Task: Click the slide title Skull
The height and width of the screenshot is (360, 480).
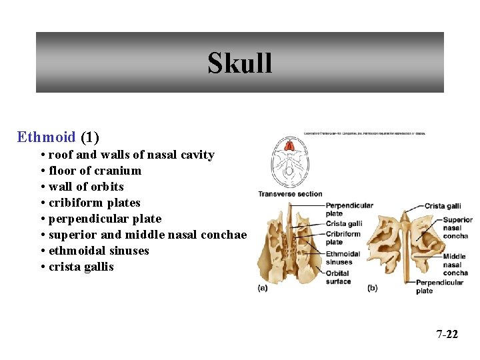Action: [239, 63]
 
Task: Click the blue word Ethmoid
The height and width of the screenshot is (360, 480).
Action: [46, 137]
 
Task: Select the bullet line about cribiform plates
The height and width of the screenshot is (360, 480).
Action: [94, 203]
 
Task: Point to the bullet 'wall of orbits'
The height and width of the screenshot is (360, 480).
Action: [86, 187]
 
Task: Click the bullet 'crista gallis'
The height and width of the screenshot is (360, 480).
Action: [81, 267]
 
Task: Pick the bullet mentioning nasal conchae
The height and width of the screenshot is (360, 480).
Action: [147, 235]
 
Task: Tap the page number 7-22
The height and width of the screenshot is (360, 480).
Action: [447, 334]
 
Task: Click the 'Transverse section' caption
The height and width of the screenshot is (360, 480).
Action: [290, 194]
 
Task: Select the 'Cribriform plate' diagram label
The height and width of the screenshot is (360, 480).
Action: [343, 238]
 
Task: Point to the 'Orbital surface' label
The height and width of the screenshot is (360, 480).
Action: [338, 277]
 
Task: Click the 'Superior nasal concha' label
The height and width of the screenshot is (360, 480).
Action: [457, 228]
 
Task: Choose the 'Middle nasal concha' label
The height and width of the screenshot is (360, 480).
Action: [455, 265]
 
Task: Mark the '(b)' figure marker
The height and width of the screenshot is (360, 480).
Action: [373, 287]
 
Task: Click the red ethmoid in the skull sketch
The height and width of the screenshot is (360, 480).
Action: [289, 145]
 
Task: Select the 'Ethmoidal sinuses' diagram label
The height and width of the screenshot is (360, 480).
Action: [343, 258]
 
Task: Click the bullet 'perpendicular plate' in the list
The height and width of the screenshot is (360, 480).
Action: [105, 219]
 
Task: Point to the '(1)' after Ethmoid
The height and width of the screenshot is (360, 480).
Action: [89, 137]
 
